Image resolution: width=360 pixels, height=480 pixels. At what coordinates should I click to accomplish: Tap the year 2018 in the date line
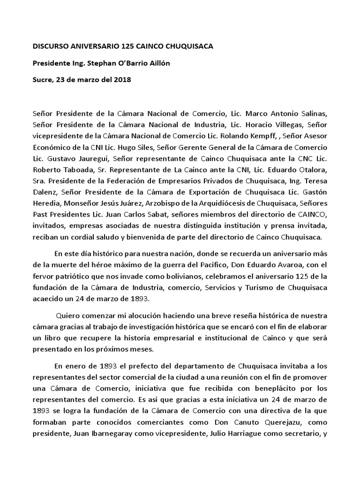pos(122,80)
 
